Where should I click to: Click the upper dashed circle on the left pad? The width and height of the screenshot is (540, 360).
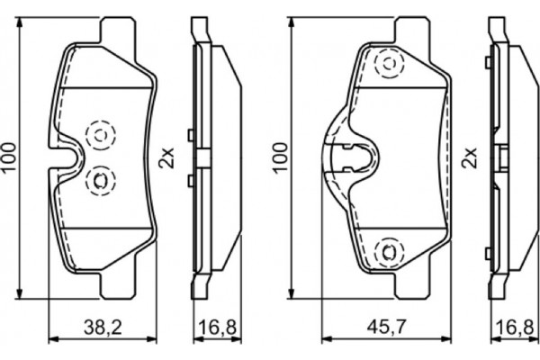(98, 134)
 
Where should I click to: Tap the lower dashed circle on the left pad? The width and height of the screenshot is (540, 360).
(98, 181)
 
